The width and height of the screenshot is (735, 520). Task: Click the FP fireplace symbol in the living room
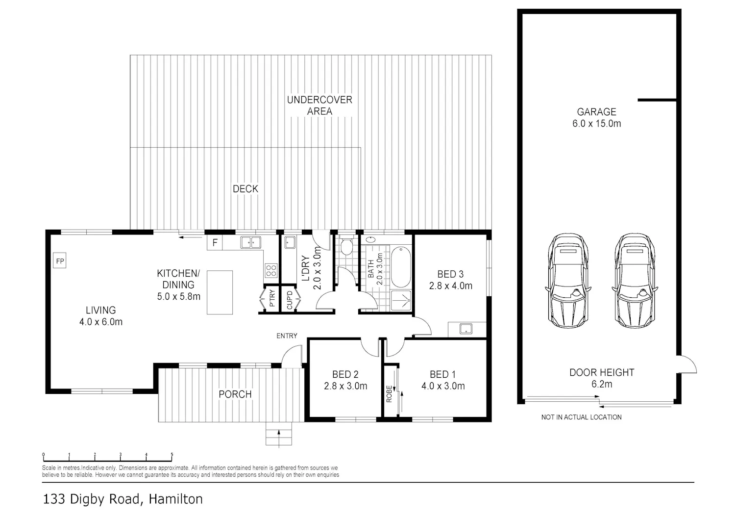pos(60,261)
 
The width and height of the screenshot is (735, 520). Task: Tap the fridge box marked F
pos(215,242)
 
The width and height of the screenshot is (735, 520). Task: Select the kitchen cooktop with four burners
pos(271,271)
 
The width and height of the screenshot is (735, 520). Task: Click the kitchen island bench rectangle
pos(220,292)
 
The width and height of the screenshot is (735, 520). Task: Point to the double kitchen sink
pos(251,242)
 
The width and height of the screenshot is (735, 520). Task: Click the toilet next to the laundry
pos(346,245)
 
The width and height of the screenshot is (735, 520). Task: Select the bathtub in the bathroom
pos(401,267)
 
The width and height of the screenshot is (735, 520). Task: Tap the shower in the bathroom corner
pos(401,301)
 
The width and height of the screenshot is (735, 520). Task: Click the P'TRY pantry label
pos(272,298)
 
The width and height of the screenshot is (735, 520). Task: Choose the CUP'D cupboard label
pos(290,300)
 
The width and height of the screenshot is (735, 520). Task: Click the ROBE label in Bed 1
pos(389,394)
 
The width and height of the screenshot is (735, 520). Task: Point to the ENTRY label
pos(287,336)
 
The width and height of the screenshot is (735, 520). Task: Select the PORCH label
pos(235,394)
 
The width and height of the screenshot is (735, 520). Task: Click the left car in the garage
pos(568,281)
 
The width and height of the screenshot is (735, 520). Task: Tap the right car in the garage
pos(635,281)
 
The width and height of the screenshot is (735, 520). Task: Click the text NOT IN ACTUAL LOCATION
pos(582,417)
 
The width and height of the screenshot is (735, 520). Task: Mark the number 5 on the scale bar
pos(172,455)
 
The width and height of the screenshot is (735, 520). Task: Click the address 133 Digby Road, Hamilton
pos(123,499)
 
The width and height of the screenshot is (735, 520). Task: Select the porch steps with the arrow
pos(279,434)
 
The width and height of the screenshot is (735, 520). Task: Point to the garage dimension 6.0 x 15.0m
pos(596,124)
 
